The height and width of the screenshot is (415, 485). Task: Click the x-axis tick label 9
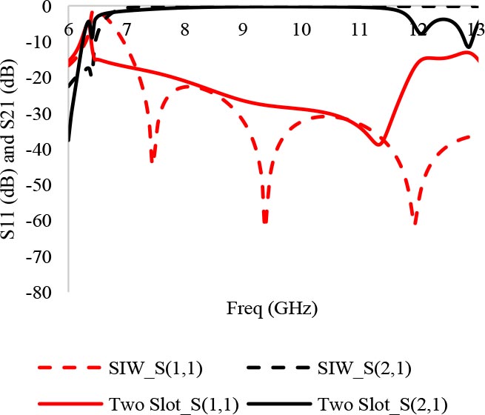[x=242, y=30]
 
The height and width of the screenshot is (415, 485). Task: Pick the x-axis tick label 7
[x=126, y=30]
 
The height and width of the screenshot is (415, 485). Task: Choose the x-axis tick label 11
[x=358, y=30]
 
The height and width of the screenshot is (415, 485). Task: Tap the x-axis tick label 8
[x=184, y=30]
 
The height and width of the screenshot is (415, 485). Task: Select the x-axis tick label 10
[x=300, y=30]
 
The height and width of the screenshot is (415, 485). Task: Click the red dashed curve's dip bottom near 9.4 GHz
[x=264, y=222]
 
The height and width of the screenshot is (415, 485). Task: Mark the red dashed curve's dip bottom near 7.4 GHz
[x=151, y=161]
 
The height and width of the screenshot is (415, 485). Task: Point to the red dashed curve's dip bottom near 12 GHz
[x=415, y=223]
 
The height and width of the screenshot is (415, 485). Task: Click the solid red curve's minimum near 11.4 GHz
[x=379, y=145]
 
